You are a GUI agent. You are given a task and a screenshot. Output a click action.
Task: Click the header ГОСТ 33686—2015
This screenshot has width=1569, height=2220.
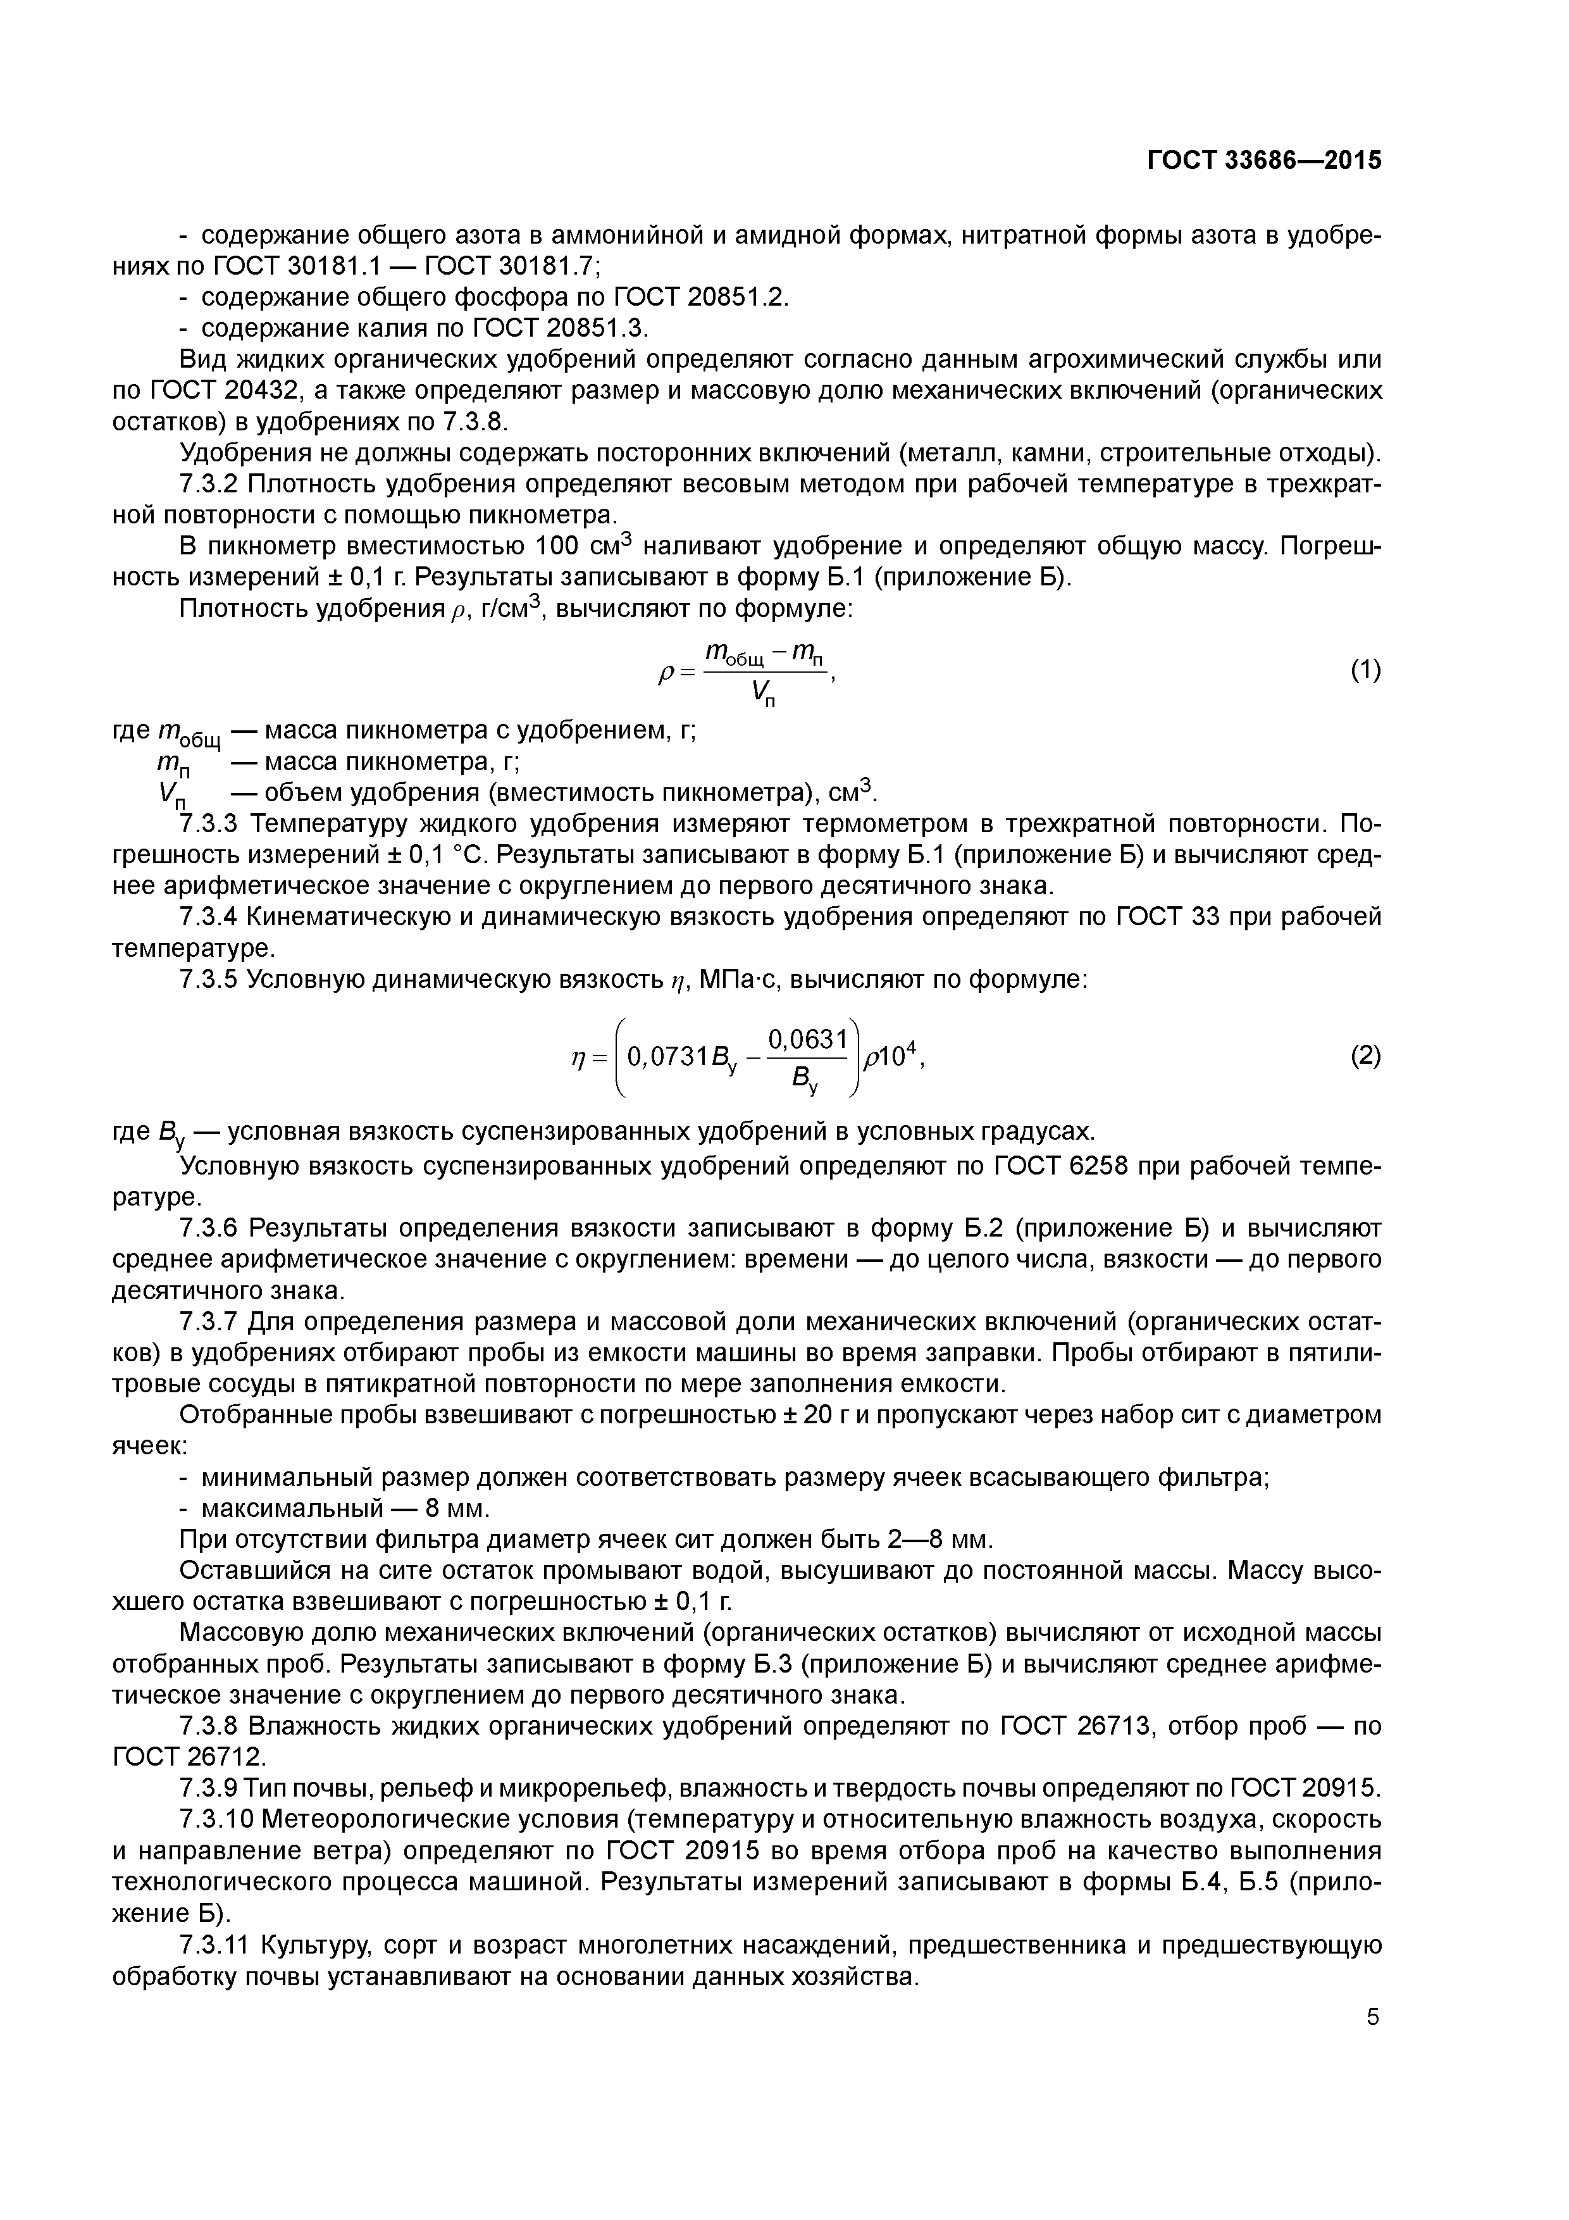click(1263, 161)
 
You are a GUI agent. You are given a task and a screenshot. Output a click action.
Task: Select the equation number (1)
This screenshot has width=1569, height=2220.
click(1365, 670)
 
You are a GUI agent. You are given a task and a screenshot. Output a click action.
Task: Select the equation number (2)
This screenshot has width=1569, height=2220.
click(1365, 1056)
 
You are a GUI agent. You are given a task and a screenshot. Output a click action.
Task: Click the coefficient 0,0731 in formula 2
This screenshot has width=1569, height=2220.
click(667, 1057)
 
